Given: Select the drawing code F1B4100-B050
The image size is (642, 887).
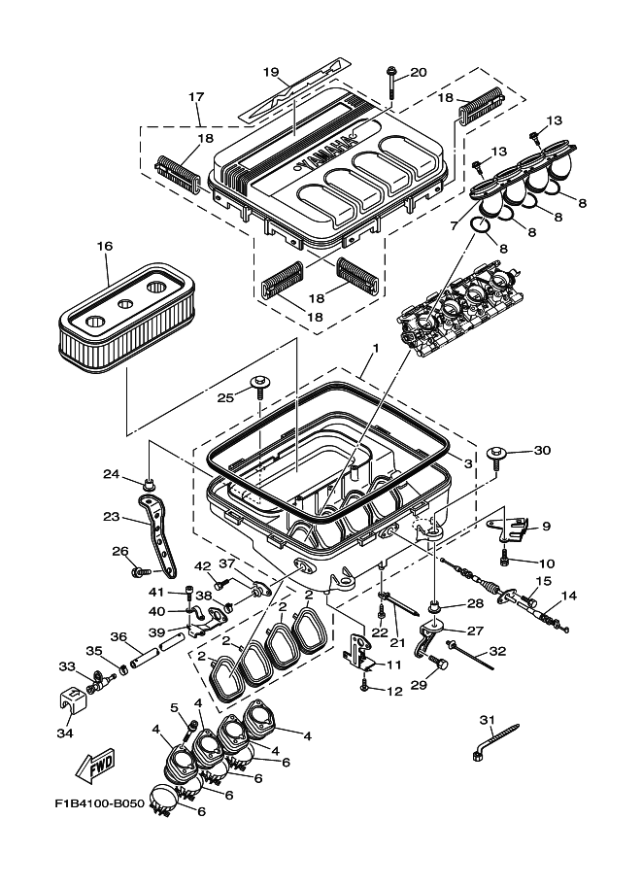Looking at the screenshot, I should tap(99, 805).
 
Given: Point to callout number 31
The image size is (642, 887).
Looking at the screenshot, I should tap(488, 720).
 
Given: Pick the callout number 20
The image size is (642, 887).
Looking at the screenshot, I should tap(419, 72).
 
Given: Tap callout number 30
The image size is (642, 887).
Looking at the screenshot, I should tap(542, 450).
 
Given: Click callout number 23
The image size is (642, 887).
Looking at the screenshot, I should tap(111, 517).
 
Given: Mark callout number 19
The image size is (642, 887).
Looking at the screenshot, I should tap(271, 72).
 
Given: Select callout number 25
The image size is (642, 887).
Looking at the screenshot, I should tap(226, 397).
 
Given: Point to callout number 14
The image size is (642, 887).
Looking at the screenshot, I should tap(569, 595).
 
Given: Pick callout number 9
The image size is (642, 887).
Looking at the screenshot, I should tap(546, 526).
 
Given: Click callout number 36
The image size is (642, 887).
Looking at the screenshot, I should tap(118, 637).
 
